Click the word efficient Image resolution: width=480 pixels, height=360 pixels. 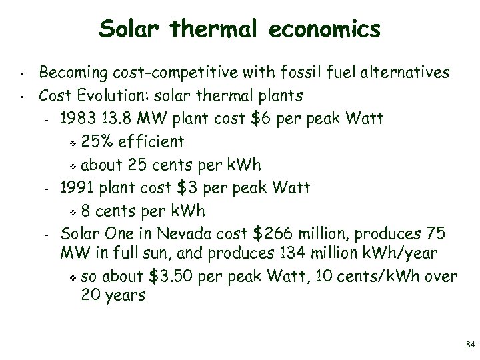point(152,142)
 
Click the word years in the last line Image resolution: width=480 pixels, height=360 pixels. point(123,296)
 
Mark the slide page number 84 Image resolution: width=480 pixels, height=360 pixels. point(470,345)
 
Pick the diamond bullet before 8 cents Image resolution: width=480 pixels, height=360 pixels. point(74,213)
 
